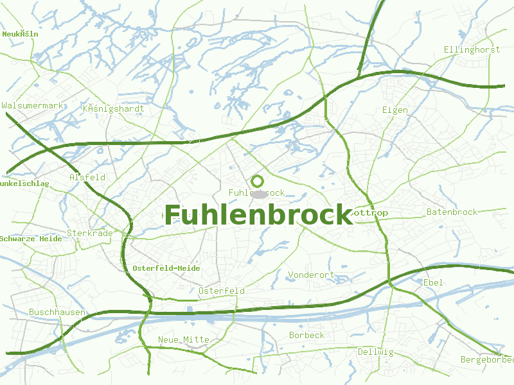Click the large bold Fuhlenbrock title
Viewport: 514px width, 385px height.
coord(259,215)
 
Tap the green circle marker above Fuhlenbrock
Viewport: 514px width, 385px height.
coord(258,180)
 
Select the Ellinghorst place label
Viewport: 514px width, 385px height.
coord(472,49)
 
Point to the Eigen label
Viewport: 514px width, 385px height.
coord(394,110)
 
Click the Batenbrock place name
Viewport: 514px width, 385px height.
coord(452,212)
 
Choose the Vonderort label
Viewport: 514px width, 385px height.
coord(311,275)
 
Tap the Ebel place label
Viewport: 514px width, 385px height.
coord(432,282)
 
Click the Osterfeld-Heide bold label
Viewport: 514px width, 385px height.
coord(166,268)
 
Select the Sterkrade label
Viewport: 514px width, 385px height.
coord(90,233)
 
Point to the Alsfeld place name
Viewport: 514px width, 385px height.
coord(87,177)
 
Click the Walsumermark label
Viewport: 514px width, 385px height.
coord(32,105)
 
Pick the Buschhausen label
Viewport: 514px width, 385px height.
coord(57,312)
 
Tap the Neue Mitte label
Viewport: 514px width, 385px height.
coord(184,339)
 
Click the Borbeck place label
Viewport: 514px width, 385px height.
coord(306,335)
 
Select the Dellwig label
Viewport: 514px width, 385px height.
coord(375,352)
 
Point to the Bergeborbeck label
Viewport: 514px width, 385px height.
coord(487,359)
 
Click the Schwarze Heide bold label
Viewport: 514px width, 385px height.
coord(31,239)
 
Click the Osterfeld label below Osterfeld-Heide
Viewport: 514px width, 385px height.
coord(222,291)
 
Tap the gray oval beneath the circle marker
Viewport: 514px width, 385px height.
coord(258,194)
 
